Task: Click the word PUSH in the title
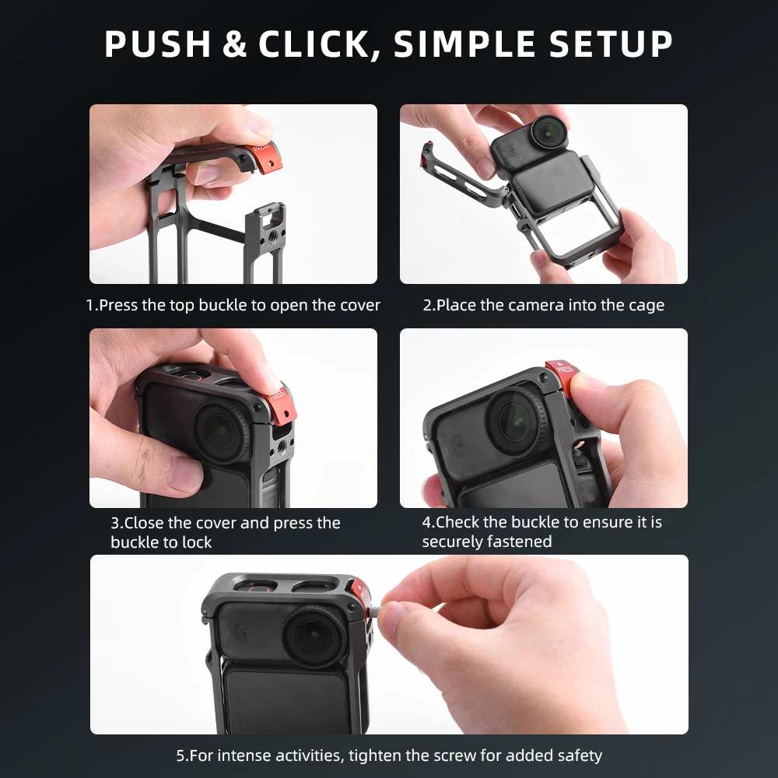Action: tap(157, 45)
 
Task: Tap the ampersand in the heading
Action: tap(234, 45)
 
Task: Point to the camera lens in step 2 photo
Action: tap(551, 130)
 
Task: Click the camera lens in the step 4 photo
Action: tap(513, 421)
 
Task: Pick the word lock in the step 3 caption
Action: tap(197, 542)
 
